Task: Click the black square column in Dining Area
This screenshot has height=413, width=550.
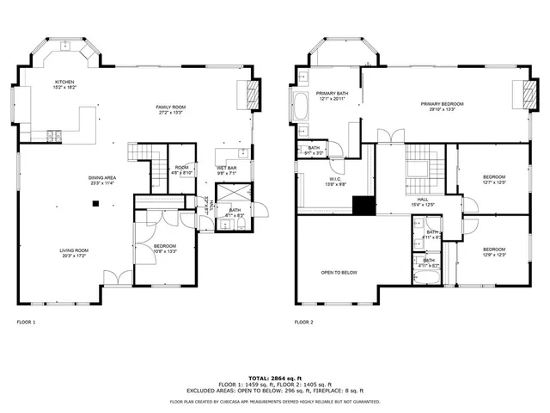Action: tap(97, 204)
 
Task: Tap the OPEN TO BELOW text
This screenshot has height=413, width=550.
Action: tap(339, 273)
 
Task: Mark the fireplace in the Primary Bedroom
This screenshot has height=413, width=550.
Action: tap(520, 92)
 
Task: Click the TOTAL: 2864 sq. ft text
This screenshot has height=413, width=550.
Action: tap(275, 378)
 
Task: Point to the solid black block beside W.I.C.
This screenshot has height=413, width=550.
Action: tap(364, 206)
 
